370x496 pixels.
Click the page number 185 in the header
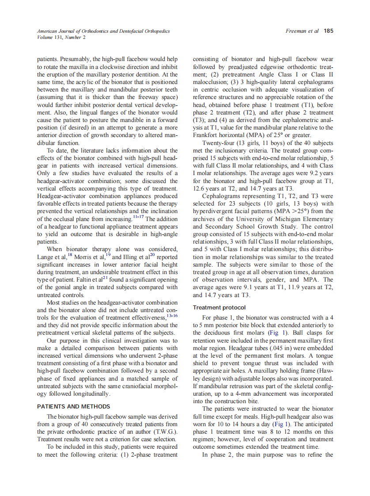(x=328, y=31)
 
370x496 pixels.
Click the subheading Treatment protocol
(x=219, y=307)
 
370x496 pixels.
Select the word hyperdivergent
(x=210, y=212)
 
